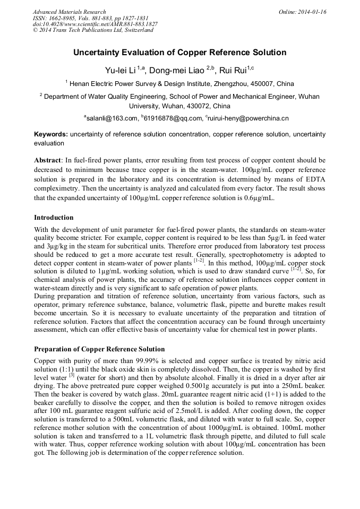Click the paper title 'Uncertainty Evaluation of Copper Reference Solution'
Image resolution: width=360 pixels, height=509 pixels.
(179, 53)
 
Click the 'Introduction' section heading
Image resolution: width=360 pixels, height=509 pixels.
(54, 218)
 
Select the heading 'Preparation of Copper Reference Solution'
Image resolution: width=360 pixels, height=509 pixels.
(99, 349)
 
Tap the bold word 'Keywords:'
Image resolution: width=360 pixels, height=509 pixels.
(51, 135)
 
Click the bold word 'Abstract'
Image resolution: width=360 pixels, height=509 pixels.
(47, 160)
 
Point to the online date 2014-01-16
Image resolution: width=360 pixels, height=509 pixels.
(313, 12)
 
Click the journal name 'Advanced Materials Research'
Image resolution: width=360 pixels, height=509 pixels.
(69, 12)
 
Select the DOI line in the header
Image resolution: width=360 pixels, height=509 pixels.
(95, 24)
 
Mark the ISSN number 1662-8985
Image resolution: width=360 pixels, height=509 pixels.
(62, 18)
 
